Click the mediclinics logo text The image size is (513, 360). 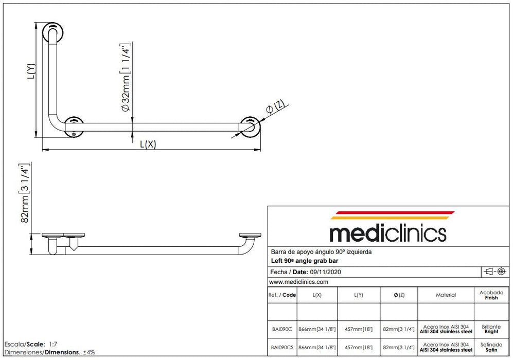click(387, 233)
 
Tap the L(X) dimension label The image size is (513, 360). click(148, 145)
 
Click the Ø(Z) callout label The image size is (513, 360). click(275, 107)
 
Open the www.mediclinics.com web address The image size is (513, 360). click(298, 282)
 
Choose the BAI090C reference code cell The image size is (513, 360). click(282, 328)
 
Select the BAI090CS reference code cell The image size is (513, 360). click(282, 348)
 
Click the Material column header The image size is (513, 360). click(446, 295)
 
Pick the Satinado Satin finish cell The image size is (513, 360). click(491, 347)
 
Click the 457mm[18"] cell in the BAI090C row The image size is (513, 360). click(359, 328)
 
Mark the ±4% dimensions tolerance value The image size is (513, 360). click(89, 352)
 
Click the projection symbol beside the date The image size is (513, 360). click(493, 271)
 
